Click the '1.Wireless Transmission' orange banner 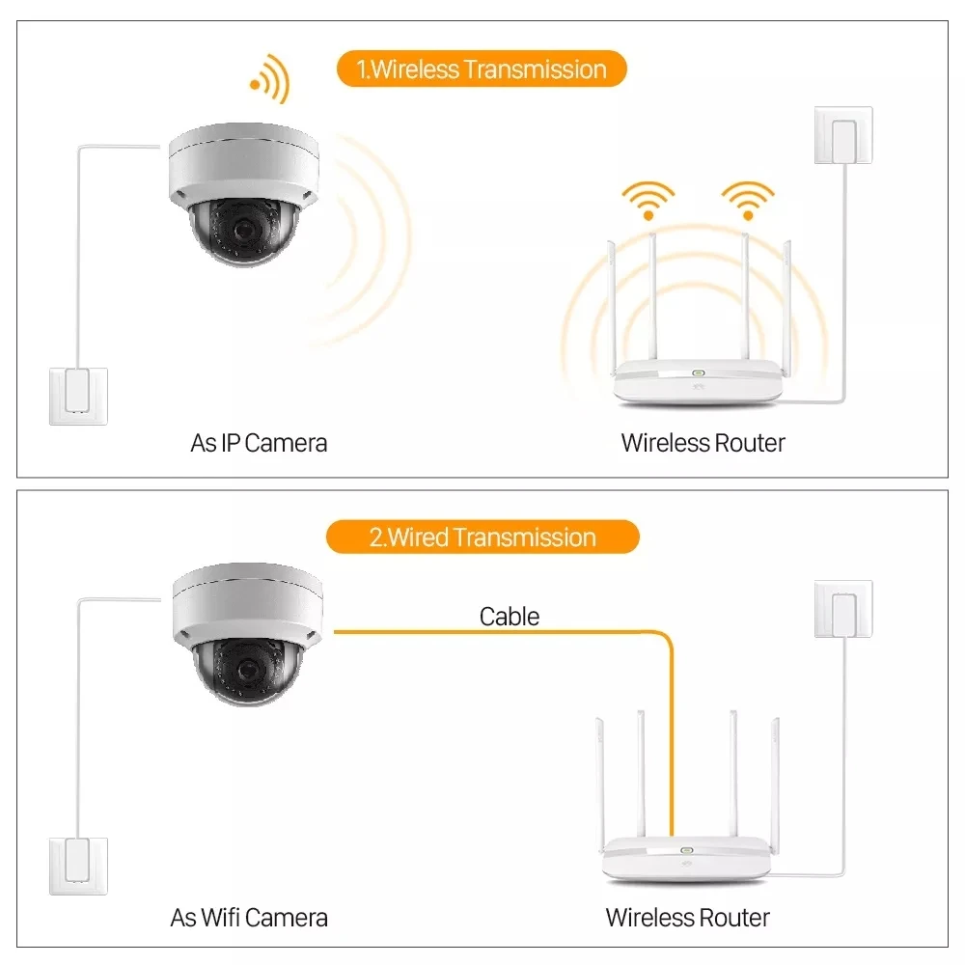coord(482,69)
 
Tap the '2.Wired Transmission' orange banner coord(482,538)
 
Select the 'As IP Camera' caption coord(259,443)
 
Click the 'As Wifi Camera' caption coord(249,918)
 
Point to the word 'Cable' coord(509,617)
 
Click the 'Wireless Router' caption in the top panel coord(703,443)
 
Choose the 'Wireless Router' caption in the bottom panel coord(687,918)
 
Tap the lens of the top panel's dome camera coord(245,231)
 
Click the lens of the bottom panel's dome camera coord(248,669)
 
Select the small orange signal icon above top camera coord(270,80)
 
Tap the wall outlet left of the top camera coord(78,397)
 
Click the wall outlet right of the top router coord(843,135)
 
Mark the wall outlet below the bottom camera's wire coord(78,866)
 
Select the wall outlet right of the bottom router coord(843,609)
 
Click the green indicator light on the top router coord(698,372)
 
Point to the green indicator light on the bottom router coord(687,850)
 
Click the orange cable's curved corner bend coord(665,638)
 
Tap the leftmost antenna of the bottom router coord(599,785)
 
